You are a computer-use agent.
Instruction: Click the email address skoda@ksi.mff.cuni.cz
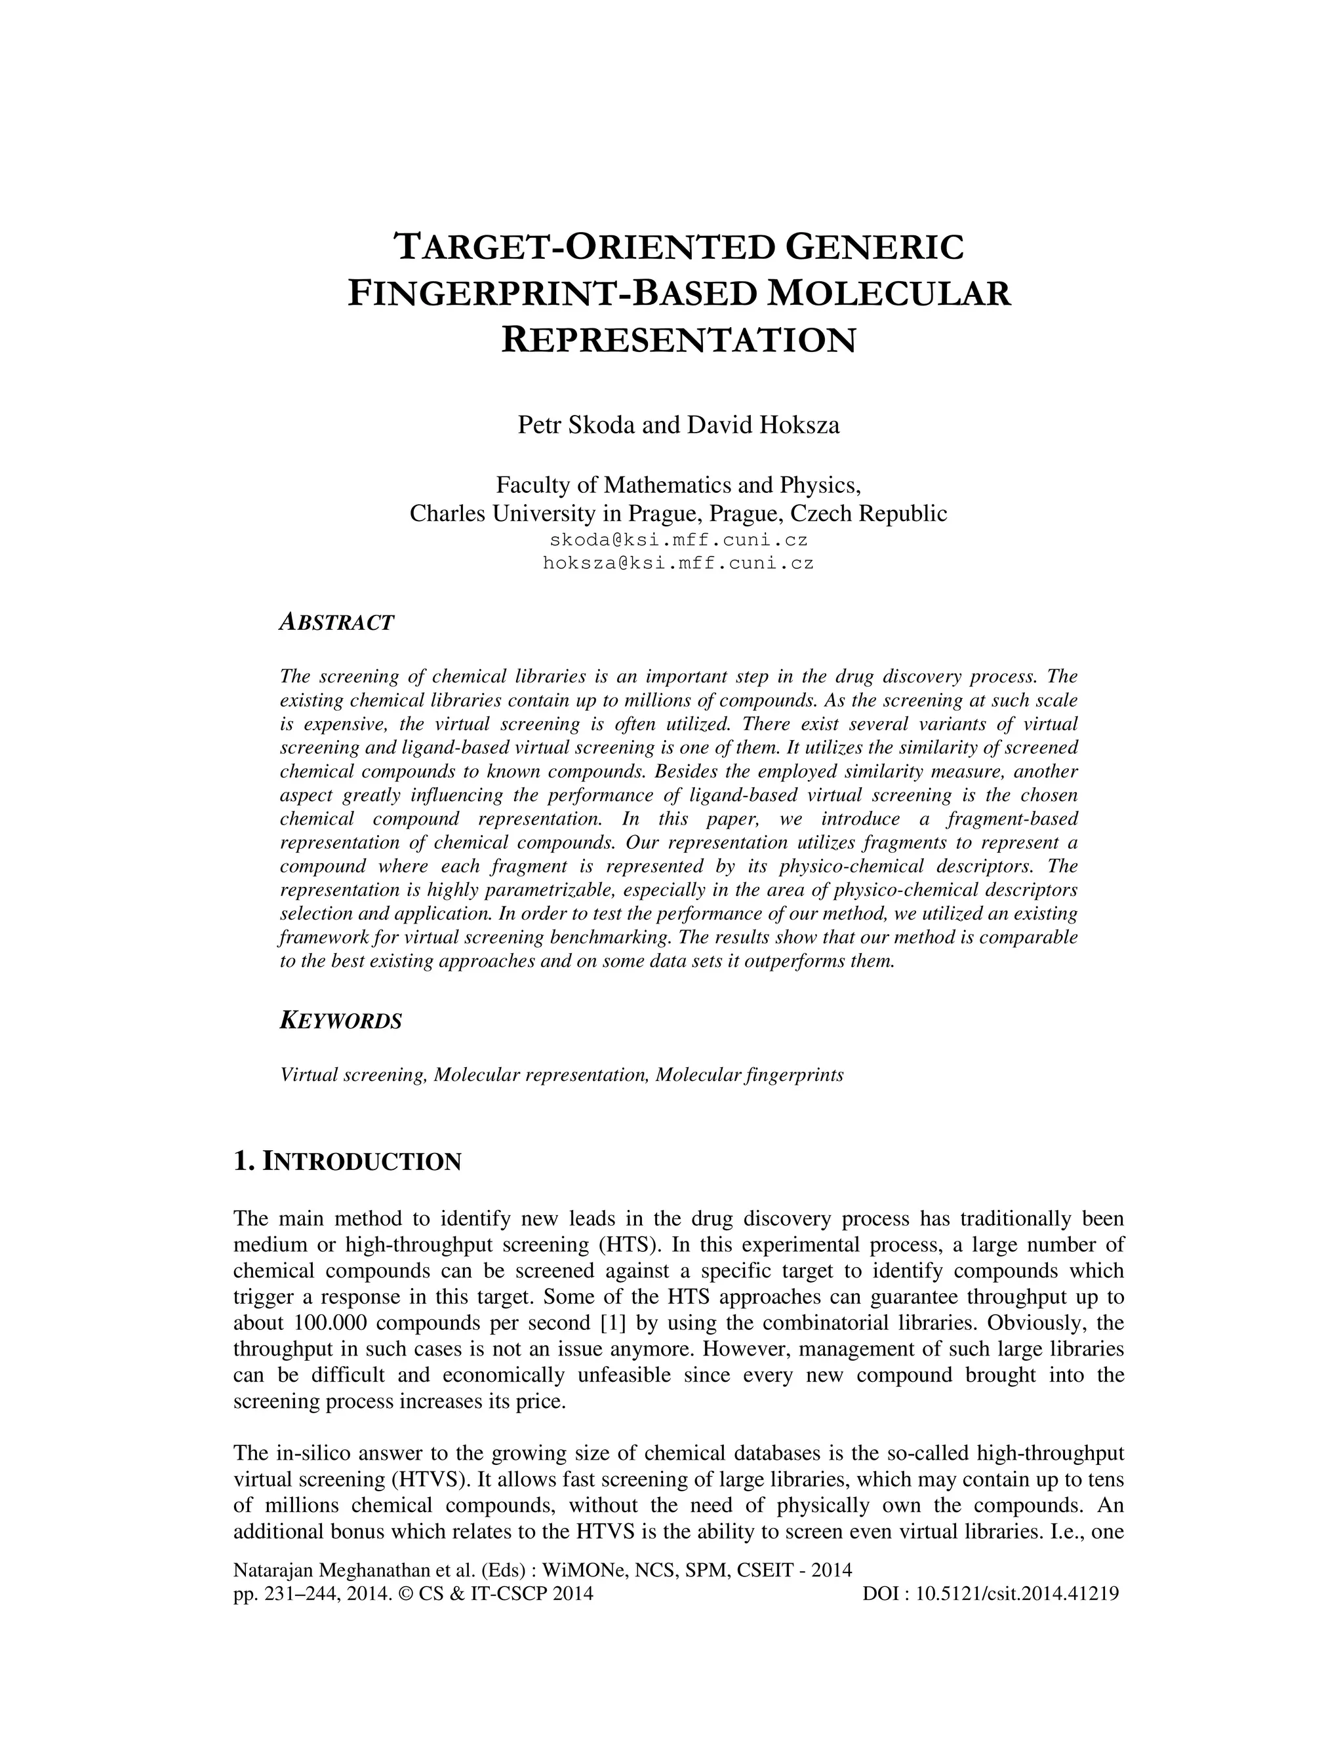point(679,540)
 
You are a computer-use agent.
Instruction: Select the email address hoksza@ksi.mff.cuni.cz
point(679,563)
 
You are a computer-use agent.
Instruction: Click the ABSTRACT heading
point(336,623)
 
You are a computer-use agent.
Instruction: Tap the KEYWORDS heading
point(340,1021)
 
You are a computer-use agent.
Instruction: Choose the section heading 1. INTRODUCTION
point(347,1161)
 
